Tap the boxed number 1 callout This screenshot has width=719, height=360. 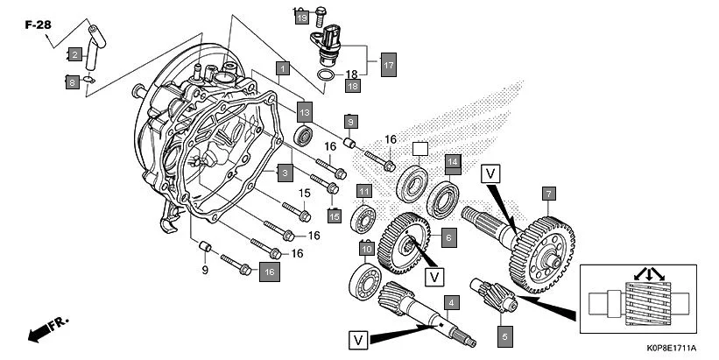click(x=282, y=67)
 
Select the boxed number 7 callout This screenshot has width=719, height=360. click(x=548, y=193)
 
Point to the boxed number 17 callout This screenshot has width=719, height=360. click(x=388, y=64)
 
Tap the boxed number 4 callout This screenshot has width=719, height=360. click(x=451, y=304)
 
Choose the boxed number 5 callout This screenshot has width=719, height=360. click(x=504, y=333)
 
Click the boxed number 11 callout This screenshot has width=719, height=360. click(x=363, y=191)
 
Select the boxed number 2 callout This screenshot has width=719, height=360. click(x=74, y=55)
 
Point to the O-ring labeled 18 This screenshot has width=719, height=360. click(x=325, y=76)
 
